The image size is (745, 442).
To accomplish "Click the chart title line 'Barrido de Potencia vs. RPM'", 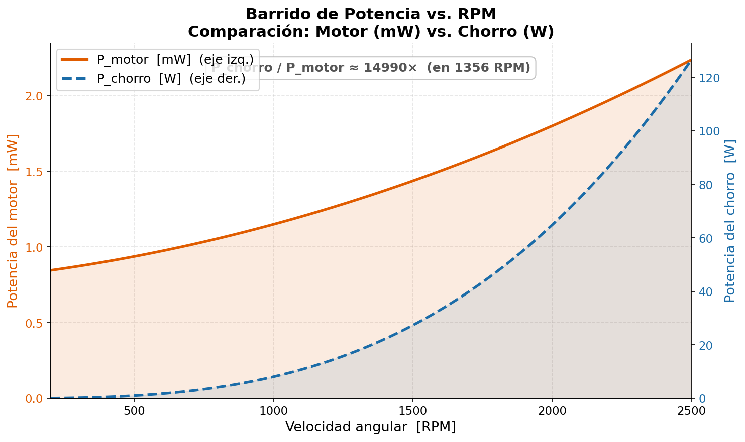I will click(371, 14).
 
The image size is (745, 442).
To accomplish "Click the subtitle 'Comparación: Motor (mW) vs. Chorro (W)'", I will click(371, 32).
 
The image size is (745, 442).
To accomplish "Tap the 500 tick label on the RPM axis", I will click(134, 411).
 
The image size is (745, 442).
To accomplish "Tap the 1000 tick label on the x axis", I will click(273, 411).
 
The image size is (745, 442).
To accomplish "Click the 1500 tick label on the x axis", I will click(412, 411).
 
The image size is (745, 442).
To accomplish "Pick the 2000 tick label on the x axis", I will click(552, 411).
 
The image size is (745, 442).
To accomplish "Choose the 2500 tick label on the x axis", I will click(691, 411).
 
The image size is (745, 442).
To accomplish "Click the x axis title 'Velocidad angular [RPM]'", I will click(371, 427).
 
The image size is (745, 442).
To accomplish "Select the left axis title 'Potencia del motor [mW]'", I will click(13, 221).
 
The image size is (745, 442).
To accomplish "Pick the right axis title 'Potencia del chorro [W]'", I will click(730, 221).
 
